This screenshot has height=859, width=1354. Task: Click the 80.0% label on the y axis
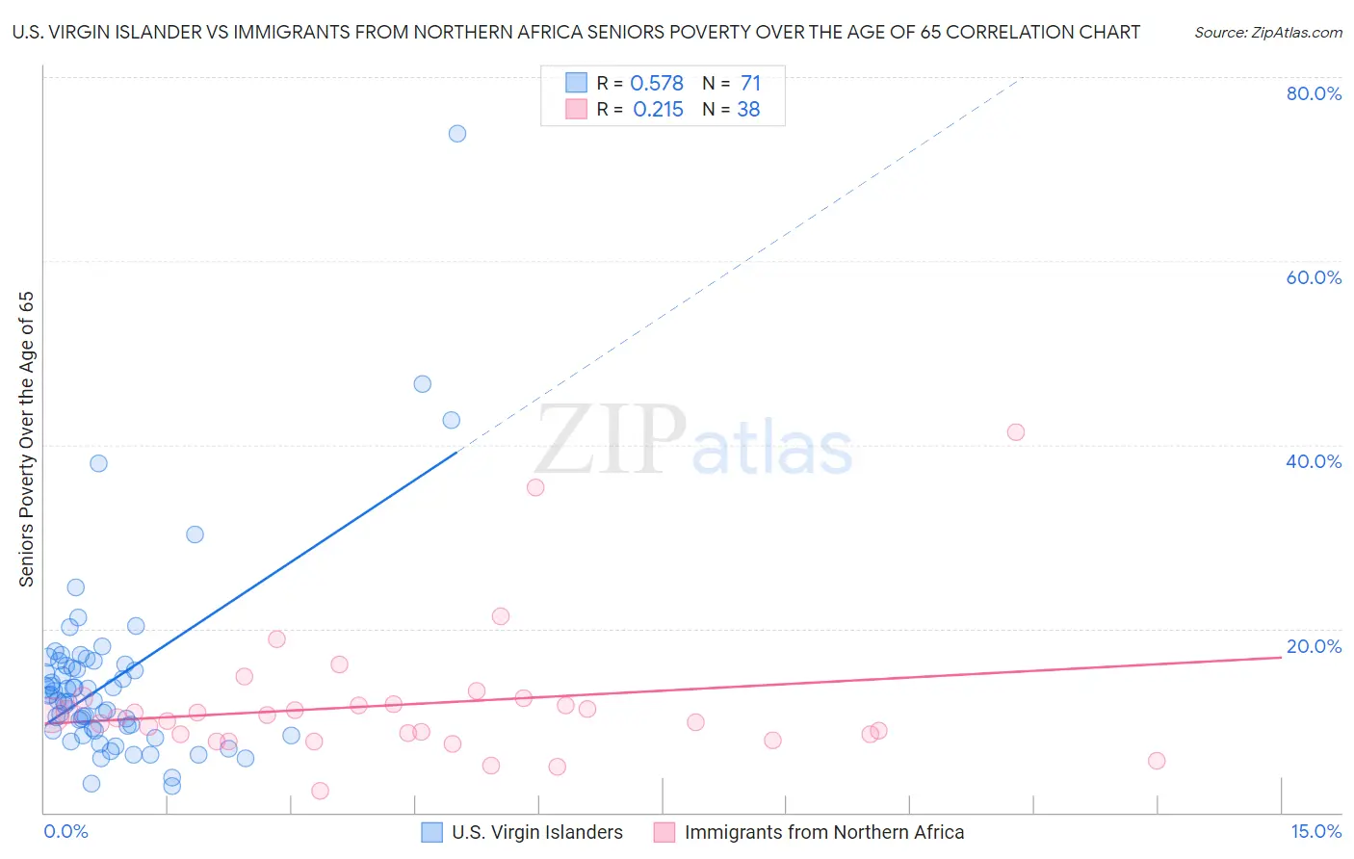coord(1314,93)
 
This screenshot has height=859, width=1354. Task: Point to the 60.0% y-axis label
coord(1314,277)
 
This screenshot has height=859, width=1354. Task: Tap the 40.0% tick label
coord(1314,461)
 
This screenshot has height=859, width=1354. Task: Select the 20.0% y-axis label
coord(1314,646)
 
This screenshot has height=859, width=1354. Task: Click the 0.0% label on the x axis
coord(65,831)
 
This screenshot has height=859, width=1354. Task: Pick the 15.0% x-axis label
coord(1315,831)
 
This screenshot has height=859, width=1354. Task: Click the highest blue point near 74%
coord(457,134)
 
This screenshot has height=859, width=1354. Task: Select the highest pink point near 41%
coord(1015,432)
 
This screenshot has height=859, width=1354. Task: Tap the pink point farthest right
coord(1157,761)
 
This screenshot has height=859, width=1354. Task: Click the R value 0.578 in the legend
coord(656,84)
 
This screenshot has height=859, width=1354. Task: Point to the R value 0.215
coord(658,110)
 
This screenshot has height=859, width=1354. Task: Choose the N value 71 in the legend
coord(750,84)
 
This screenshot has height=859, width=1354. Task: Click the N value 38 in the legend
coord(748,110)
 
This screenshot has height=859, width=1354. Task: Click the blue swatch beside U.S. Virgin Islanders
coord(432,832)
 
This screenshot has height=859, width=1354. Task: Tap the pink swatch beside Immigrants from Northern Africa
coord(664,832)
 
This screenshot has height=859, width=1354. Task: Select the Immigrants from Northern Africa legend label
coord(823,832)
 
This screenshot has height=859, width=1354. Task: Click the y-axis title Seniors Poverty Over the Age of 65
coord(27,439)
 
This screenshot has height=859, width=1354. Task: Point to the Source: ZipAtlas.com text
coord(1267,33)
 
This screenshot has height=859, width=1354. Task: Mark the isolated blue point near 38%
coord(98,463)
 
